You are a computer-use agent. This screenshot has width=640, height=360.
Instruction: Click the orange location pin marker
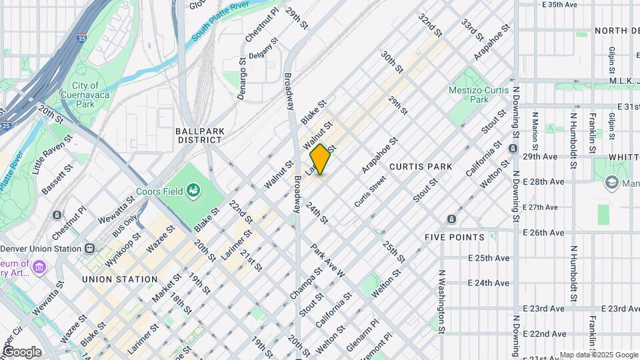click(x=320, y=159)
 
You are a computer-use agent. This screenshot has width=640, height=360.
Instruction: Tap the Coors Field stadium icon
click(x=194, y=192)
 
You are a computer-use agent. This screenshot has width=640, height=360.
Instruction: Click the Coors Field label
click(x=159, y=192)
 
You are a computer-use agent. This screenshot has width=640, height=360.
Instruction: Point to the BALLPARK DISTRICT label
click(x=199, y=135)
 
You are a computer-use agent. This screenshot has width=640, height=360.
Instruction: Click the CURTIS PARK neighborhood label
click(x=421, y=166)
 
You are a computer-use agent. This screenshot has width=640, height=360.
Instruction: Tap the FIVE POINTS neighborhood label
click(x=454, y=237)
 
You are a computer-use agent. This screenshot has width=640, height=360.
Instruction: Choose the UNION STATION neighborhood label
click(x=120, y=279)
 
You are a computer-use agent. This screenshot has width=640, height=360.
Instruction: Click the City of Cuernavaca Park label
click(x=85, y=95)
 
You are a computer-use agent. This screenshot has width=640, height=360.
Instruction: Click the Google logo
click(x=22, y=351)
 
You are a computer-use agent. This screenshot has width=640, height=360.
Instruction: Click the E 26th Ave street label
click(x=544, y=233)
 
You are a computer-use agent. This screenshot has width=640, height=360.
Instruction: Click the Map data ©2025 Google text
click(x=599, y=355)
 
